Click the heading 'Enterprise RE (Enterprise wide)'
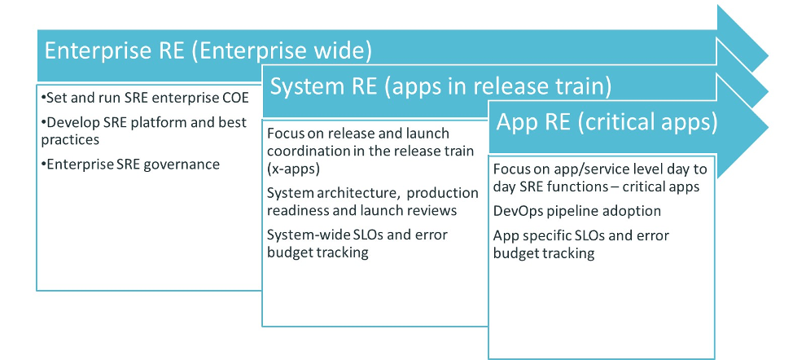point(208,51)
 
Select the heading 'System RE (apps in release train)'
point(440,86)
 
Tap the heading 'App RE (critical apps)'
point(607,122)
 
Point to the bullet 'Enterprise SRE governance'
point(130,165)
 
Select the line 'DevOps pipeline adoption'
point(576,211)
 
